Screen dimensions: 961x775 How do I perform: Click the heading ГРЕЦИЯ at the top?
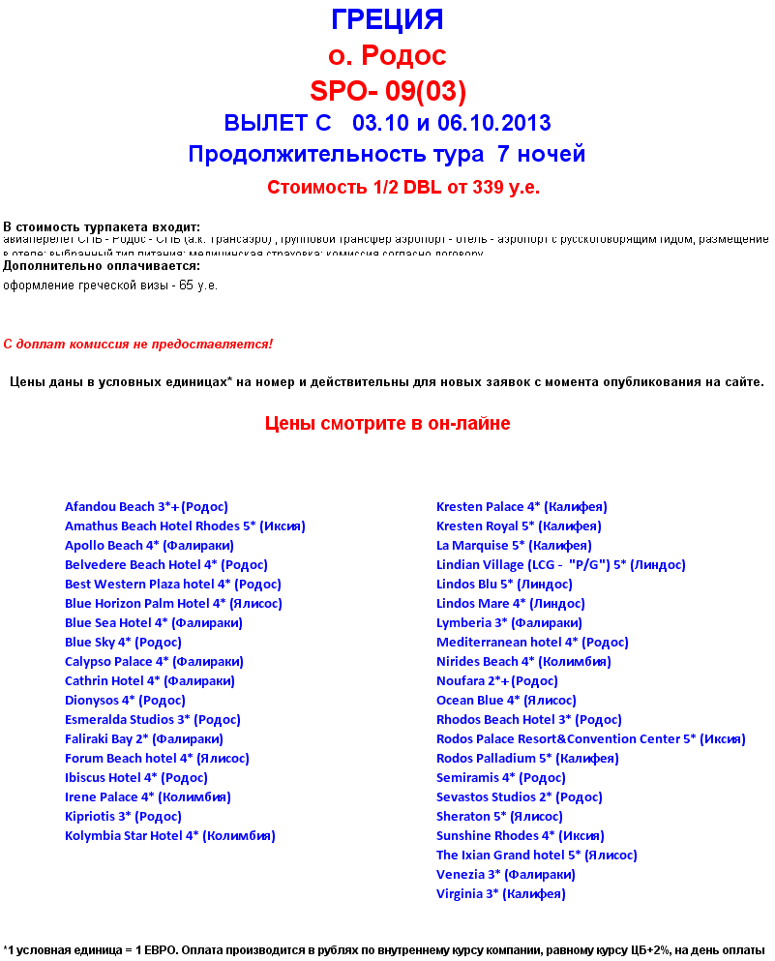tap(387, 20)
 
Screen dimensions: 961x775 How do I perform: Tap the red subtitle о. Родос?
tap(387, 55)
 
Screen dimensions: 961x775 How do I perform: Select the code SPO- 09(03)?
tap(387, 91)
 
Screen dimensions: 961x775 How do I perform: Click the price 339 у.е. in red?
tap(506, 188)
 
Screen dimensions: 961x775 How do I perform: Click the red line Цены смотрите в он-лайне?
tap(387, 424)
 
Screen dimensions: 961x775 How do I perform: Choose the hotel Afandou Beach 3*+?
tap(146, 507)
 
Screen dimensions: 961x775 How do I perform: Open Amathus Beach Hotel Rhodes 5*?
tap(185, 526)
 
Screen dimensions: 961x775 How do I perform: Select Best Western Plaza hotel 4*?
tap(172, 585)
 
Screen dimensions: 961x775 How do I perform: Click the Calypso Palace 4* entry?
tap(154, 662)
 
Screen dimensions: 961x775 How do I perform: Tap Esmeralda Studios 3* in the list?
tap(153, 720)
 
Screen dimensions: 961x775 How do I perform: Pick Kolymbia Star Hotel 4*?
tap(169, 836)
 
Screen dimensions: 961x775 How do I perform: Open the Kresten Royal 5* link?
tap(519, 526)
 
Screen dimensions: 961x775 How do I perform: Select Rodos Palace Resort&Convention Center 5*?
tap(590, 739)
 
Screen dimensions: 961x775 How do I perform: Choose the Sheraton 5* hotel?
tap(499, 817)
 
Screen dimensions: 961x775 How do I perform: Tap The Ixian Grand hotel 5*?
tap(536, 856)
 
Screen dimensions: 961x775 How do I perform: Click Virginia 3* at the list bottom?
tap(500, 894)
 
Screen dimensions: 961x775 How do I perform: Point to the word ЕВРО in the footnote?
tap(134, 949)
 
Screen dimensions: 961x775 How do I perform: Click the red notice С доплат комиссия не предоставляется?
tap(137, 345)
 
